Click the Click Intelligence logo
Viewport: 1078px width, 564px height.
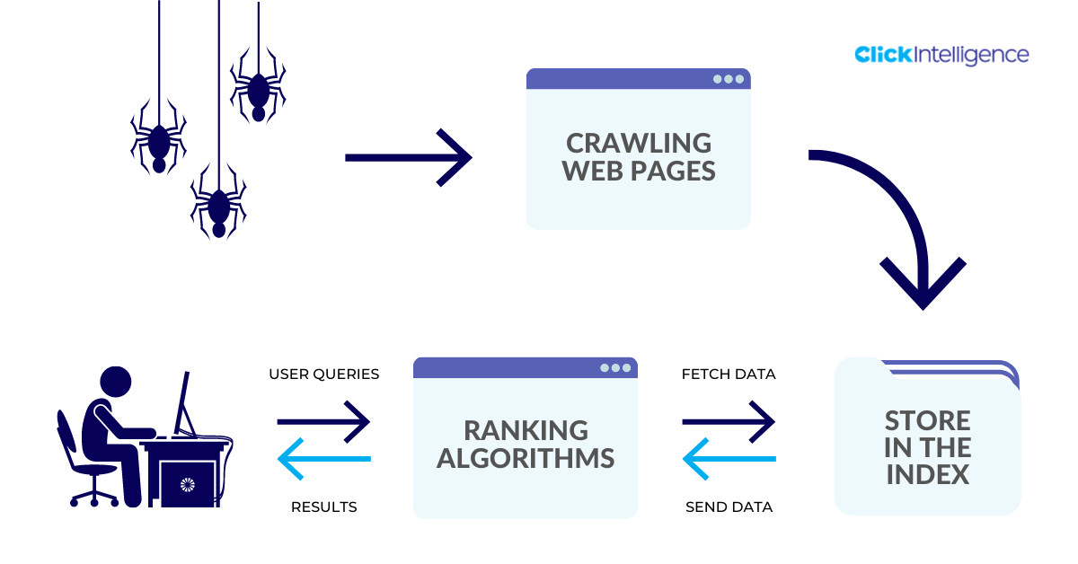click(x=941, y=55)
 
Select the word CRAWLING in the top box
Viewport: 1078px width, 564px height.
click(x=639, y=143)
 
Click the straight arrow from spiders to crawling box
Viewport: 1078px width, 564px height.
click(x=409, y=157)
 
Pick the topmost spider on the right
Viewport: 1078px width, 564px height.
click(x=258, y=90)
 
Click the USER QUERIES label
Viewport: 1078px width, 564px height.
click(x=323, y=374)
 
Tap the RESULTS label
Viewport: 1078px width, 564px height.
click(x=323, y=507)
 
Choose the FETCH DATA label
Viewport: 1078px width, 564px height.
click(x=729, y=374)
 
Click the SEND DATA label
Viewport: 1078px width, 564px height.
click(x=729, y=507)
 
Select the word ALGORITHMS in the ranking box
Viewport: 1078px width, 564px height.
click(x=526, y=458)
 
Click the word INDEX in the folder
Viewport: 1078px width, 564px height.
click(x=928, y=474)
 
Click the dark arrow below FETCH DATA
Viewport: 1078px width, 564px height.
click(x=729, y=419)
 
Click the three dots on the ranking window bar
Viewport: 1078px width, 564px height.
click(x=615, y=367)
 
